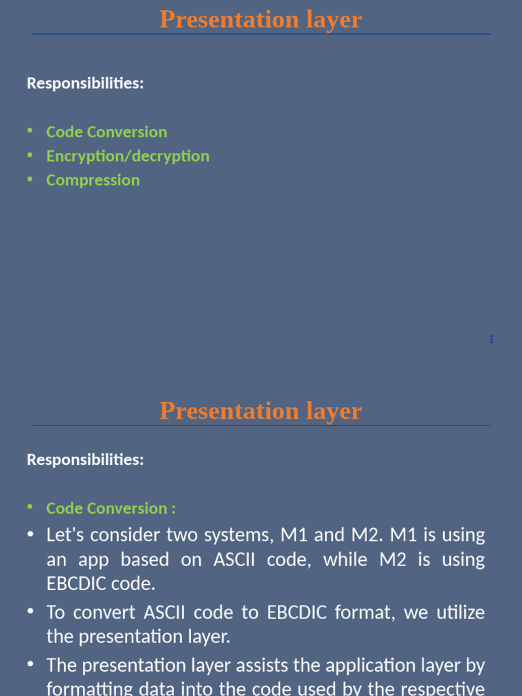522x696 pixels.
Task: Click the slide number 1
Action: [x=491, y=339]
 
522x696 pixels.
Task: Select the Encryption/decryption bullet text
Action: [x=128, y=156]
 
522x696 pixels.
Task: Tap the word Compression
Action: [x=93, y=180]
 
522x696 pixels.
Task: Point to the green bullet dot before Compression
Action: [x=30, y=179]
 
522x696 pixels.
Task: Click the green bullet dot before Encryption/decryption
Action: [x=30, y=155]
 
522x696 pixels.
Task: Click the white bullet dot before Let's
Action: [x=30, y=534]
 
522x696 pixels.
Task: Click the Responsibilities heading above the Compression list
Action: [x=85, y=84]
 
